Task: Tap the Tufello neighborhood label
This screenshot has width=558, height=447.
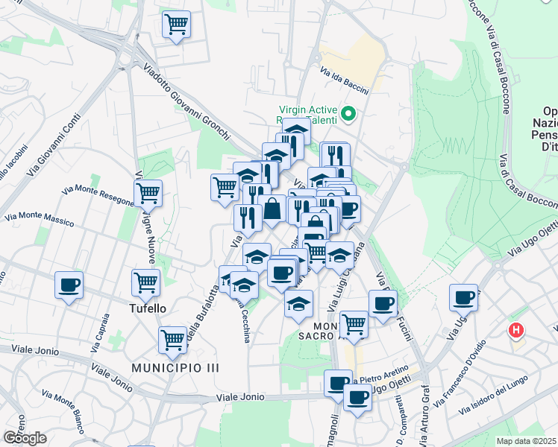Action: pos(147,308)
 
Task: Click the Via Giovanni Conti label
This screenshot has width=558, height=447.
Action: pos(54,145)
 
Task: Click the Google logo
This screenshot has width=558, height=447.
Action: pos(25,438)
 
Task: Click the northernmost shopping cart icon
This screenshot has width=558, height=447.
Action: pos(176,24)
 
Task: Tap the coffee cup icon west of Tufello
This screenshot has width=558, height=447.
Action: pos(69,285)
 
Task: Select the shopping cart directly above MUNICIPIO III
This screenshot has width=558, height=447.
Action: pos(173,340)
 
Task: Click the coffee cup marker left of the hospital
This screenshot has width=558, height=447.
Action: pos(463,297)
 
